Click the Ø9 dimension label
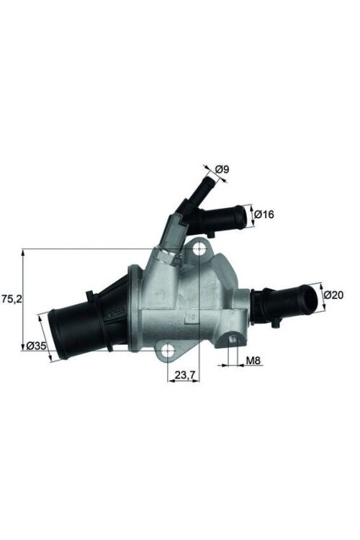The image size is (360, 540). pyautogui.click(x=222, y=169)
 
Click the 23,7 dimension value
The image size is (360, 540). pyautogui.click(x=184, y=374)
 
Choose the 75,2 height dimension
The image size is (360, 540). pyautogui.click(x=11, y=297)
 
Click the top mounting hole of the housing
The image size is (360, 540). pyautogui.click(x=198, y=251)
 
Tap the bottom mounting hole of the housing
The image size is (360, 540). pyautogui.click(x=168, y=351)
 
